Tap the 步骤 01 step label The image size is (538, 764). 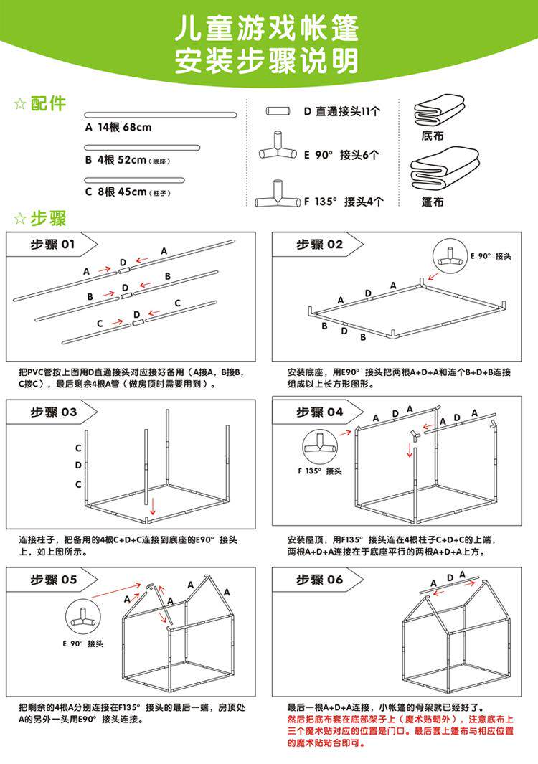pos(52,245)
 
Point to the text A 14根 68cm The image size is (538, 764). pos(118,128)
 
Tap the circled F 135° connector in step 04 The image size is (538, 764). pos(319,446)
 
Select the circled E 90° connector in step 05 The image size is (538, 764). pos(85,618)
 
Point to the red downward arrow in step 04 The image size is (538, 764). pos(410,451)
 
